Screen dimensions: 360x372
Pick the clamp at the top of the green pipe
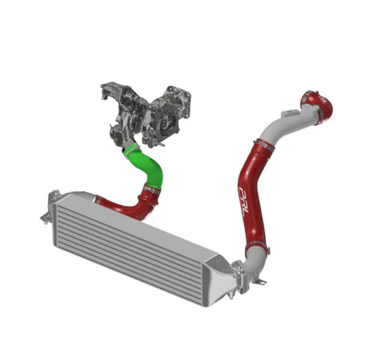point(128,148)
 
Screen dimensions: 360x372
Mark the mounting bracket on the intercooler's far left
point(46,209)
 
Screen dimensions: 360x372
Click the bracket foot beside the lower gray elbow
point(262,281)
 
